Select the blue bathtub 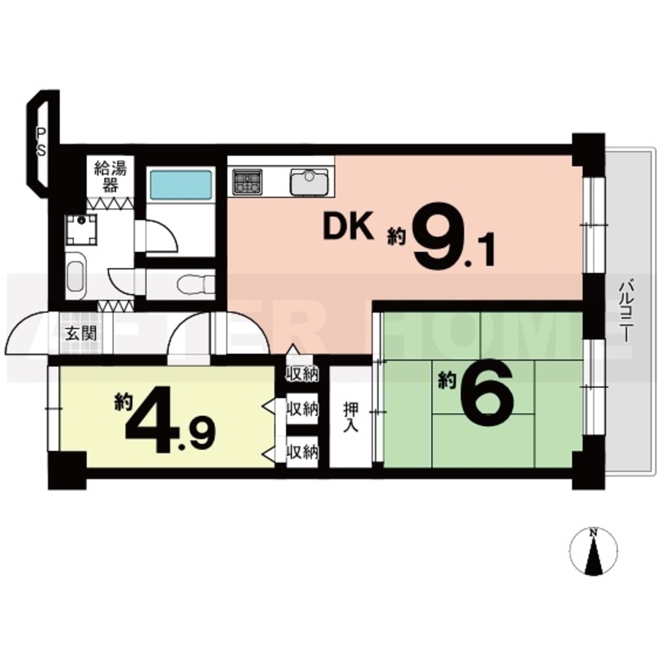[181, 185]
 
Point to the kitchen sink [309, 181]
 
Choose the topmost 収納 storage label [302, 374]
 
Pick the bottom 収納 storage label [302, 453]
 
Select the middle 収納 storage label [302, 410]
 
